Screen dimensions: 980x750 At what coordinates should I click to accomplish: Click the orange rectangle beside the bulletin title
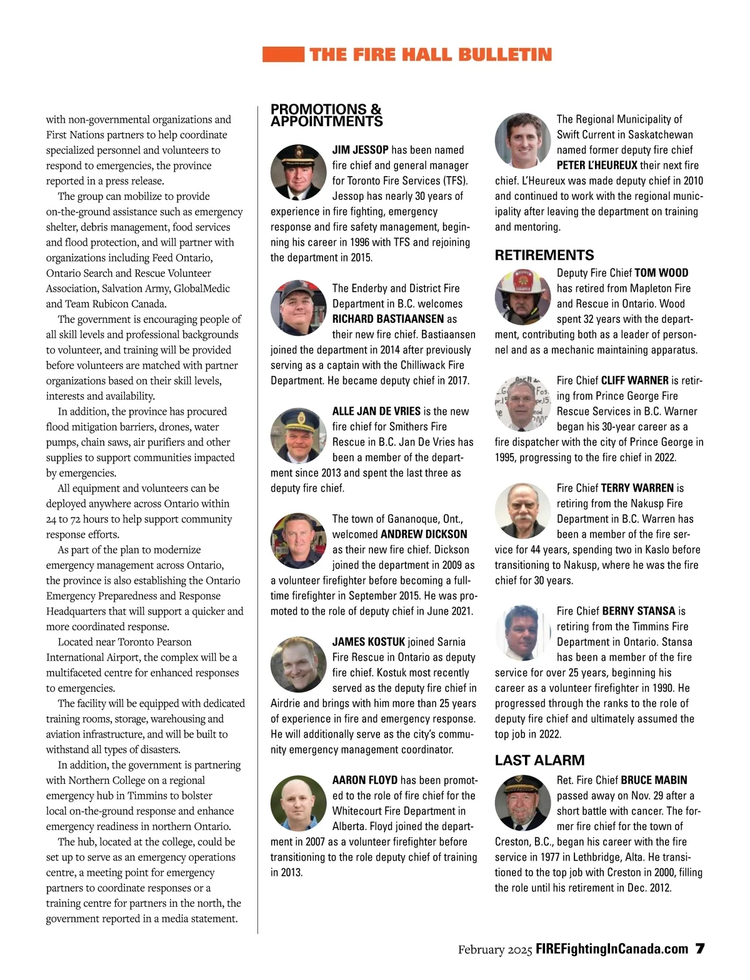[283, 54]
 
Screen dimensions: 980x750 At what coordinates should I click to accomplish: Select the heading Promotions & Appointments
[326, 116]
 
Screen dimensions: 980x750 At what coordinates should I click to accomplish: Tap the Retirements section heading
[544, 255]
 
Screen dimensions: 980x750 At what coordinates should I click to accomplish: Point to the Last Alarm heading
[540, 760]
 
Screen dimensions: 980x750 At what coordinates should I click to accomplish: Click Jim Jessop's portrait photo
[298, 172]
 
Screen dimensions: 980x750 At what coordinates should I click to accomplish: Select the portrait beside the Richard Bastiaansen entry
[298, 308]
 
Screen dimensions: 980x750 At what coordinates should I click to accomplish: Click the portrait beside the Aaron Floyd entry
[298, 803]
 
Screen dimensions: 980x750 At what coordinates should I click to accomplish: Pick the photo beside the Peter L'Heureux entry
[522, 141]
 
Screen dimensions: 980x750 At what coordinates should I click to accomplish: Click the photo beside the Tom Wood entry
[522, 297]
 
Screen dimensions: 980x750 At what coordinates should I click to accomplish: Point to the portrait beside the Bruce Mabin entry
[522, 803]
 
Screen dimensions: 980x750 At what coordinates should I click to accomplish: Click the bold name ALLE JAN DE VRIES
[376, 411]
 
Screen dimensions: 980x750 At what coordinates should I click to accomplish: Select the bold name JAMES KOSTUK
[369, 641]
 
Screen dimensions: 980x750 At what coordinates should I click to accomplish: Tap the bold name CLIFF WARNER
[634, 380]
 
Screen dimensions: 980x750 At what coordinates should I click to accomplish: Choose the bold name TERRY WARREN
[637, 488]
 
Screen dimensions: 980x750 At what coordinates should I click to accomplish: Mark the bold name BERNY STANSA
[639, 611]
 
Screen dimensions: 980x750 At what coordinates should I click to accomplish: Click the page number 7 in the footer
[700, 949]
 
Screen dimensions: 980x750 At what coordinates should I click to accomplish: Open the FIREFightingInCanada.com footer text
[612, 949]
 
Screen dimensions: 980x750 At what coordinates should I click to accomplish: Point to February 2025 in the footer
[495, 950]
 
